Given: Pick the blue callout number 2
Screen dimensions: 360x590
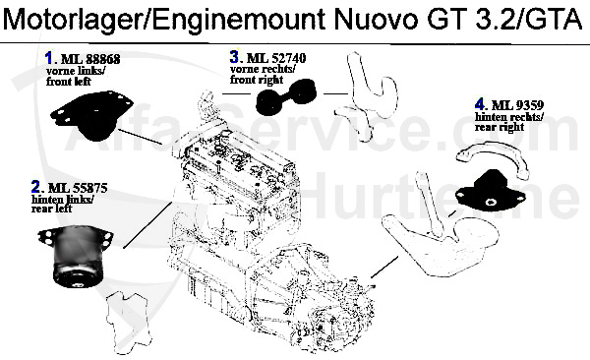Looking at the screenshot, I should click(x=35, y=186).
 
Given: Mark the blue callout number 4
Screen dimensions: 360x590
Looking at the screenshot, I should click(x=479, y=103).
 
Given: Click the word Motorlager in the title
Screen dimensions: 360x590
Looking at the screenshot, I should click(x=66, y=17).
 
